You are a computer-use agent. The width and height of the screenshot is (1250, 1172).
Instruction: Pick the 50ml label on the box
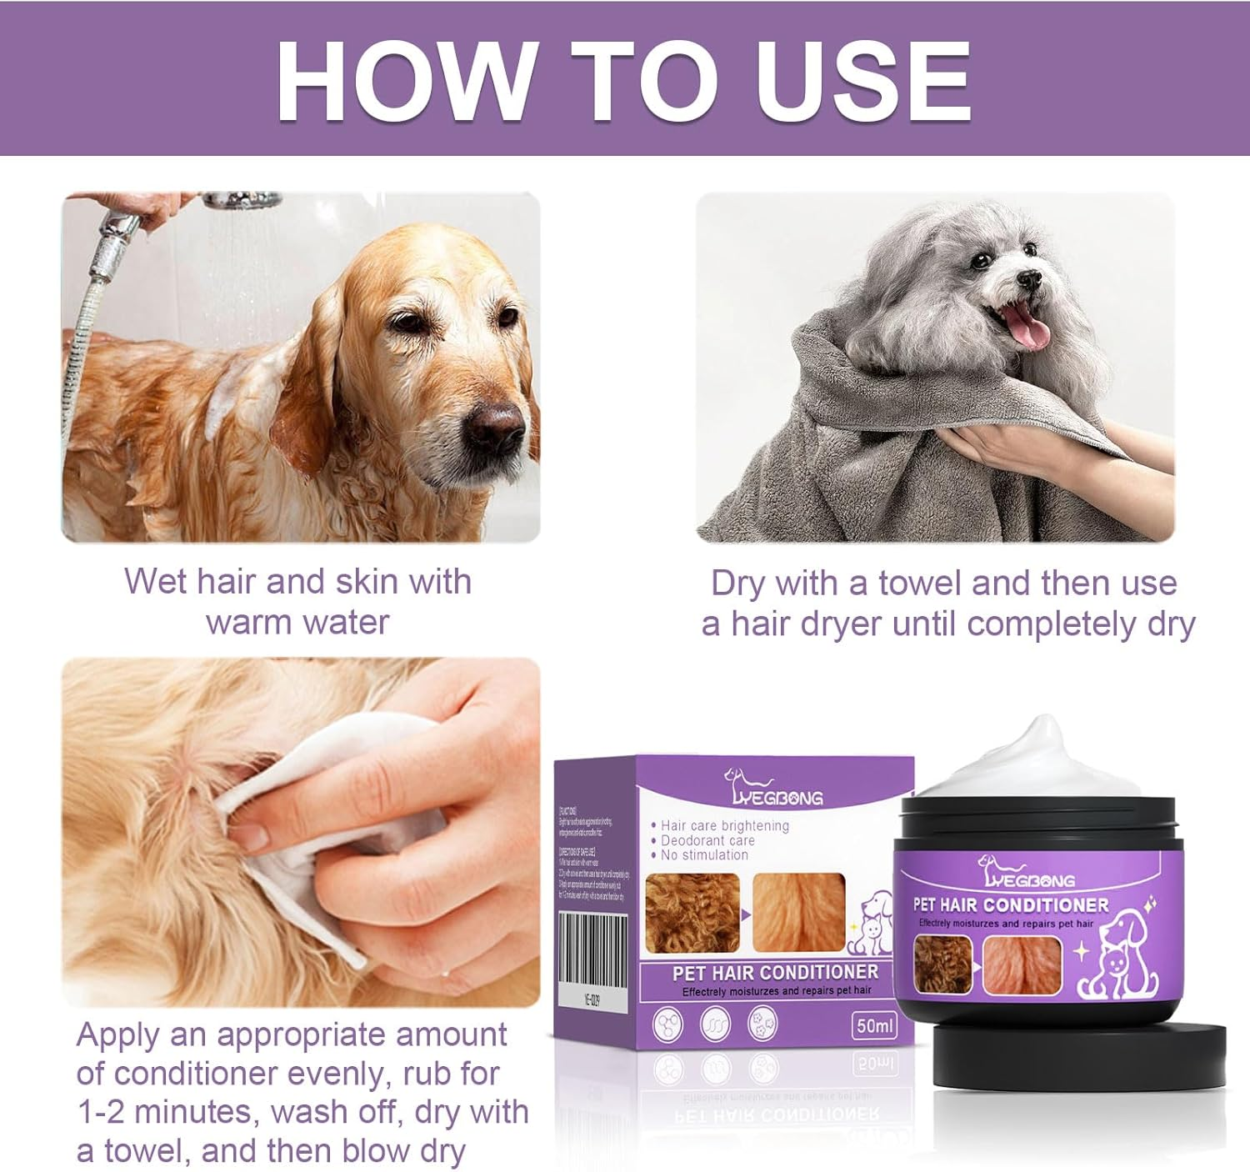(874, 1025)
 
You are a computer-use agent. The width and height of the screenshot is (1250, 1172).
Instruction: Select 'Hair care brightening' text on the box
(723, 825)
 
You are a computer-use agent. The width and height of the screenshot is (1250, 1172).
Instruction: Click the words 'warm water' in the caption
(297, 622)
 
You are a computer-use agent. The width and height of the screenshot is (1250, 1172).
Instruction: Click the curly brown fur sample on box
(692, 913)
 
